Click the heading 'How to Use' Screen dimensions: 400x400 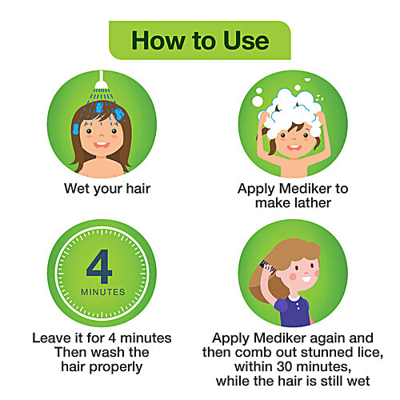[x=200, y=41]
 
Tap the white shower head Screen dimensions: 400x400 [x=102, y=83]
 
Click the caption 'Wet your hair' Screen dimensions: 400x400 [x=107, y=190]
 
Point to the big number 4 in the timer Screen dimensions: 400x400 [x=99, y=266]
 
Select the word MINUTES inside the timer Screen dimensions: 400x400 [x=103, y=292]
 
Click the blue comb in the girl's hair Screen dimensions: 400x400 [x=267, y=267]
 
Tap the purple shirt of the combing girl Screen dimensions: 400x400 [x=294, y=311]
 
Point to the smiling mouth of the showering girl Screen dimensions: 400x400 [x=102, y=145]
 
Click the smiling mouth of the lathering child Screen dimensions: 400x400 [x=294, y=147]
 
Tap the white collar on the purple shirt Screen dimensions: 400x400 [x=294, y=298]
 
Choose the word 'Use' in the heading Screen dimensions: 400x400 [x=246, y=41]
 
